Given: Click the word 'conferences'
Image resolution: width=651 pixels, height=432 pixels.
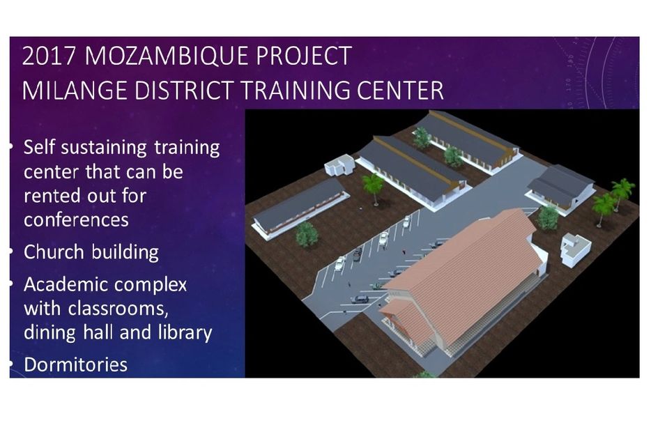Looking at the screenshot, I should point(76,219).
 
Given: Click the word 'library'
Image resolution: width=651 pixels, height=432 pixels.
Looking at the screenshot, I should point(185,332).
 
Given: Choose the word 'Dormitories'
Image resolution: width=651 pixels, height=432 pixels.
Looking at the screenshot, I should point(75,364).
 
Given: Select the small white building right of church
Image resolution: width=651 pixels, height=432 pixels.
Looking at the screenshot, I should point(575,249).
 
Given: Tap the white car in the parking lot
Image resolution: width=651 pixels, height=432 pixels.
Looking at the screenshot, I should point(339,263).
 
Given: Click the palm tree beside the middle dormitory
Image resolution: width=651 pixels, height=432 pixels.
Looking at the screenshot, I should point(373,187).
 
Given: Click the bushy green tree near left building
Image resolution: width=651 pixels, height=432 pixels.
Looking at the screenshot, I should point(307,235).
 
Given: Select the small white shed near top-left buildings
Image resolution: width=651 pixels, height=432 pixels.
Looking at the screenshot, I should point(339,166).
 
